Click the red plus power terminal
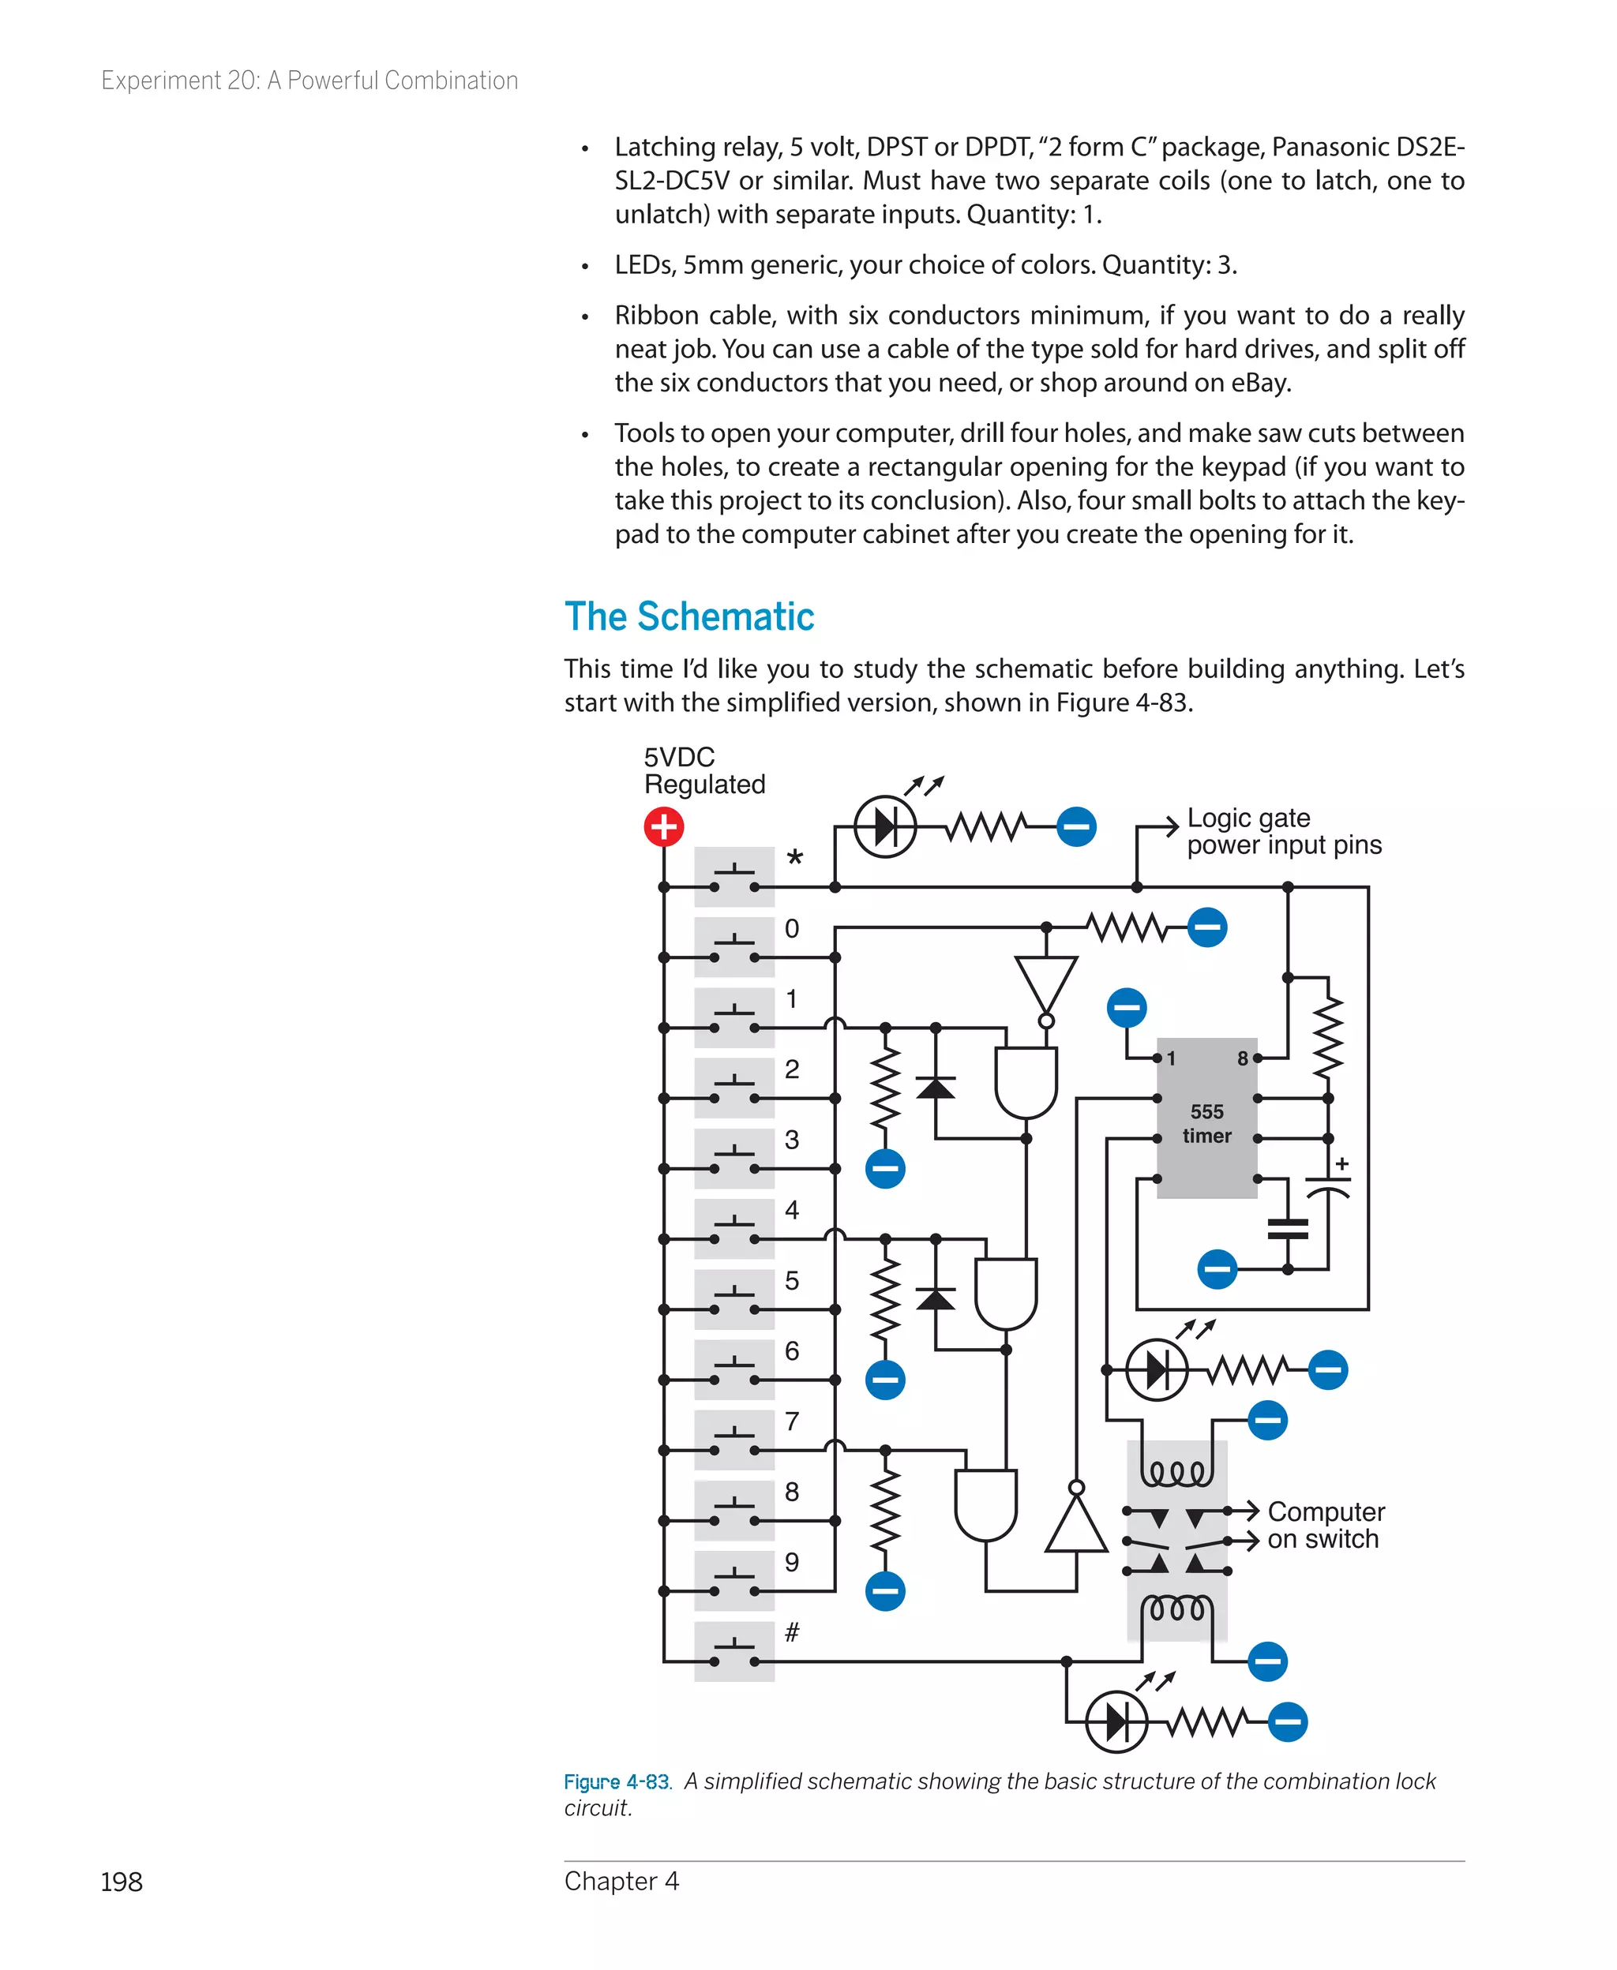coord(663,826)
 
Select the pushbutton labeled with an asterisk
coord(734,877)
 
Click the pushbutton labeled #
coord(734,1650)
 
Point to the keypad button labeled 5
coord(734,1299)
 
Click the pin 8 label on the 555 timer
coord(1242,1058)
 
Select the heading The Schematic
coord(689,616)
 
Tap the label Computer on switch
coord(1325,1525)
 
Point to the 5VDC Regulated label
coord(703,771)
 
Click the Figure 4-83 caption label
coord(617,1781)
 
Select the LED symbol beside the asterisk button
coord(885,826)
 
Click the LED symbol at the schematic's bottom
coord(1116,1721)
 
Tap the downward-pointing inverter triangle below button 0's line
coord(1046,985)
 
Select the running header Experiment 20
coord(310,81)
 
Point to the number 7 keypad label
coord(792,1421)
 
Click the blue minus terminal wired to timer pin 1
coord(1126,1007)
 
